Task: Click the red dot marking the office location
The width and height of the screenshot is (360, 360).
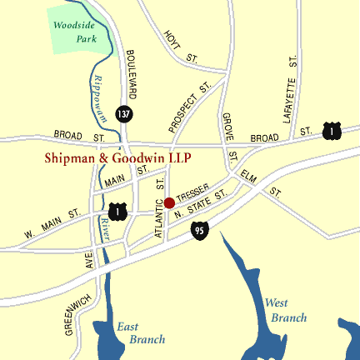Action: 169,202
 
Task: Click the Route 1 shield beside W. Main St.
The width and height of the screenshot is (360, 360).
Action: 117,211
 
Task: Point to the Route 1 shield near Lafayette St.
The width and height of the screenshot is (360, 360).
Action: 332,131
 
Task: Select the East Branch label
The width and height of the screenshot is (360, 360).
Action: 142,333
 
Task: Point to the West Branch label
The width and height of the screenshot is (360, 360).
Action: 285,310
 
